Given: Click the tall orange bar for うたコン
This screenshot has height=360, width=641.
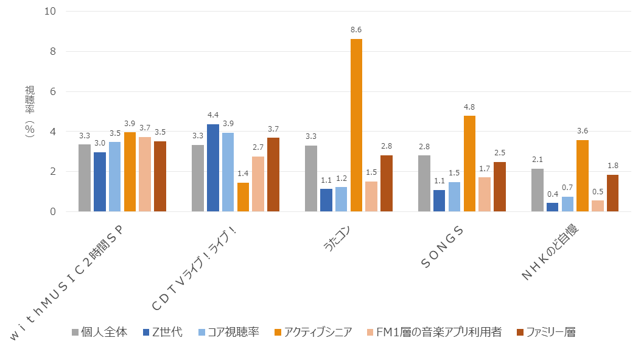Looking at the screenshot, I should point(356,125).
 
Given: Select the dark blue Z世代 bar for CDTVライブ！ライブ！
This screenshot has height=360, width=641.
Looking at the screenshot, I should point(212,168).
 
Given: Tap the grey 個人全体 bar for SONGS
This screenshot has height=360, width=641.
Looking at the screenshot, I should point(424,183).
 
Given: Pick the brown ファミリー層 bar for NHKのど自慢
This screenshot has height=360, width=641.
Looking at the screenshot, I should point(612,193).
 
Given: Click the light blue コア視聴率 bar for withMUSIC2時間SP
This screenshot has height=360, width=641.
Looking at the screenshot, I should point(114,177).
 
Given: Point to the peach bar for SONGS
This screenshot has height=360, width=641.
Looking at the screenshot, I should point(484,194).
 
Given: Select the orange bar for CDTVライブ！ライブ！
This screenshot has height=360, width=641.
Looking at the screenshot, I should point(243,197).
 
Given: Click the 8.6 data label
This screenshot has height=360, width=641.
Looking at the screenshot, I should point(356,29).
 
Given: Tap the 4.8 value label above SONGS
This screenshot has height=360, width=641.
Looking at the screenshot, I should point(469,106).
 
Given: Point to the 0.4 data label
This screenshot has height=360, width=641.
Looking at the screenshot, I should point(553,194).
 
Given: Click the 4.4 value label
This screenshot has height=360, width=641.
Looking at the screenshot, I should point(212,115).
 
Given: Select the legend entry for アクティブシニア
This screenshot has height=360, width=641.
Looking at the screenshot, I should point(313,332).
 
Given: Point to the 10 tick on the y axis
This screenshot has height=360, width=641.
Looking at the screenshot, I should point(51,12).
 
